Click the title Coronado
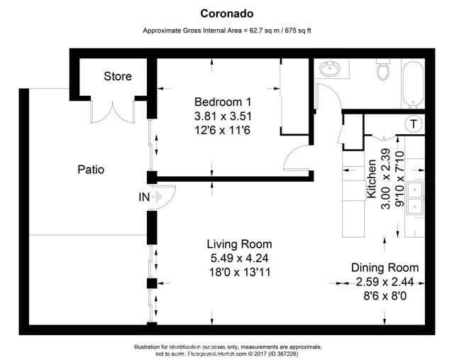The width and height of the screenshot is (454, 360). [226, 13]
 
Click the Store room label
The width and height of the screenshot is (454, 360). [118, 77]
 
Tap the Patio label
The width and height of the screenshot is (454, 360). [91, 170]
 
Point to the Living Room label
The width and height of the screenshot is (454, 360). [228, 244]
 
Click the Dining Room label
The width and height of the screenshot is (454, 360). [384, 268]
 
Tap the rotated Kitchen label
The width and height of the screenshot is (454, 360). [371, 180]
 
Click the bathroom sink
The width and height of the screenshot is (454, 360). [330, 70]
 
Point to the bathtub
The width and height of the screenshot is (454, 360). [413, 84]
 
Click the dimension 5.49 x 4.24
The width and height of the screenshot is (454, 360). [228, 258]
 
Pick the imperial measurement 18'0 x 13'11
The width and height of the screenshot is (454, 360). [228, 272]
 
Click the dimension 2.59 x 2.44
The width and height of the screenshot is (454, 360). [384, 281]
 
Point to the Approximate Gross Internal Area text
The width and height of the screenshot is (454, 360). [227, 31]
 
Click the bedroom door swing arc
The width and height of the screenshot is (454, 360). [296, 158]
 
